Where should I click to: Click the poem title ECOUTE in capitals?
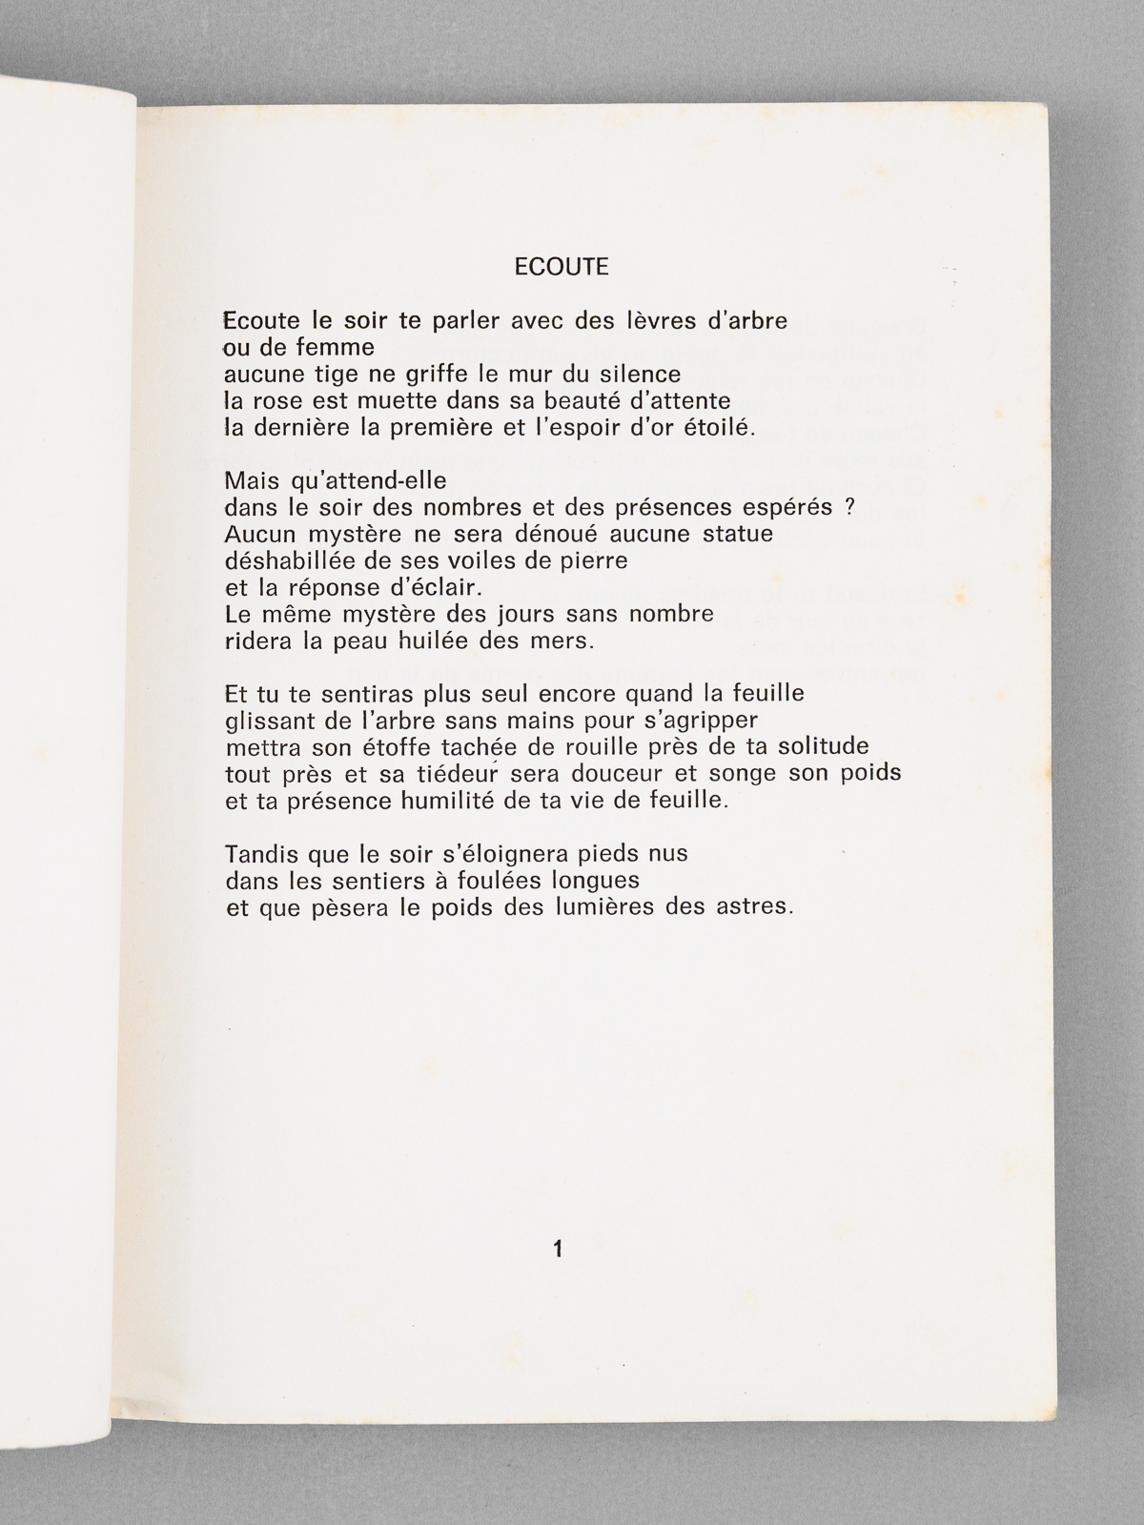coord(561,267)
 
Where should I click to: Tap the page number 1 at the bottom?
coord(558,1249)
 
